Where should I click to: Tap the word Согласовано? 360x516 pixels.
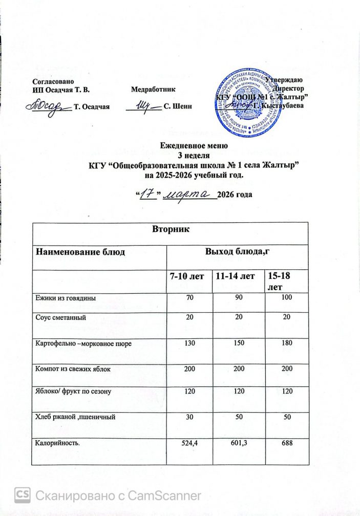point(54,81)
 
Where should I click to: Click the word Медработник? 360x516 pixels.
point(154,90)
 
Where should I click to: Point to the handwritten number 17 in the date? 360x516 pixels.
point(148,195)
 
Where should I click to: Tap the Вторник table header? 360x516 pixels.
point(171,230)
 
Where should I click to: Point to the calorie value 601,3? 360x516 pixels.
point(237,442)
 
